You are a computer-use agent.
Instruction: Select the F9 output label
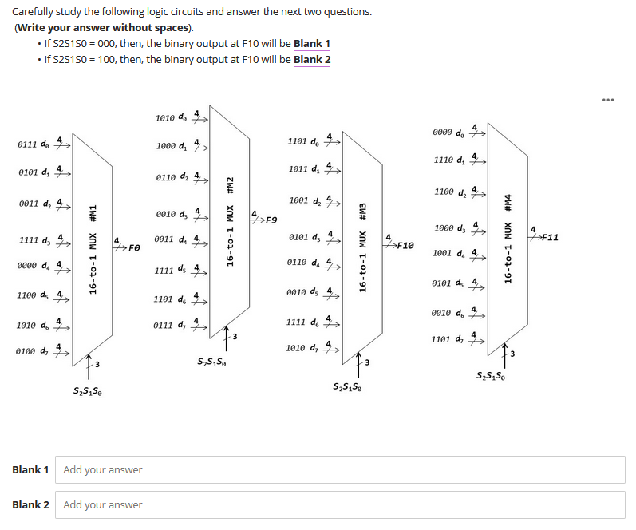[271, 220]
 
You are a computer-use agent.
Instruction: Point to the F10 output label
[404, 245]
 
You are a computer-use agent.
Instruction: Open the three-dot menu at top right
[609, 100]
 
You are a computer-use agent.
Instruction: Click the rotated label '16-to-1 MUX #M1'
[93, 249]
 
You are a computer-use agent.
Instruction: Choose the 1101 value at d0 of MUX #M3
[298, 141]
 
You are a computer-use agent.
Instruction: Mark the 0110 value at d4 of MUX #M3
[298, 262]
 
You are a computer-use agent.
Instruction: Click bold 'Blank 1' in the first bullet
[312, 43]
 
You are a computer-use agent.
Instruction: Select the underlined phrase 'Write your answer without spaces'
[104, 27]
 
